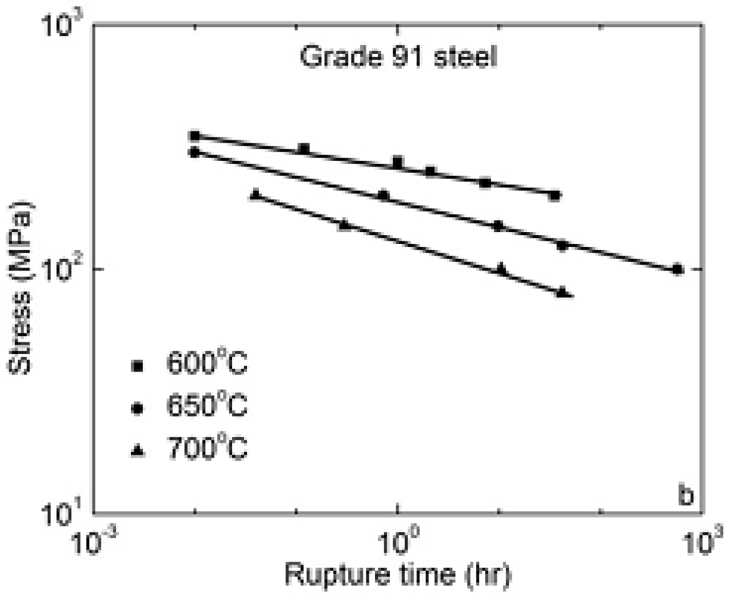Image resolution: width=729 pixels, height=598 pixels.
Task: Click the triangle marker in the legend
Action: [x=140, y=450]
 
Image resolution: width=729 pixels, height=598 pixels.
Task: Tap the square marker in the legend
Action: [x=140, y=366]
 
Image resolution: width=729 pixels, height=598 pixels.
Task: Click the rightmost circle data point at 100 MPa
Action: [x=677, y=269]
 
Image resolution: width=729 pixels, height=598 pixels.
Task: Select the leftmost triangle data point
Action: [x=256, y=194]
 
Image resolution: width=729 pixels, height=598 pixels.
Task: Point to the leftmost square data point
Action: [x=194, y=135]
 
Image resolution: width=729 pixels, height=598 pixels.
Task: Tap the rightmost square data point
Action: [x=555, y=195]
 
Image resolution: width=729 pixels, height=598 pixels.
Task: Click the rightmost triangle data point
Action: [x=562, y=291]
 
